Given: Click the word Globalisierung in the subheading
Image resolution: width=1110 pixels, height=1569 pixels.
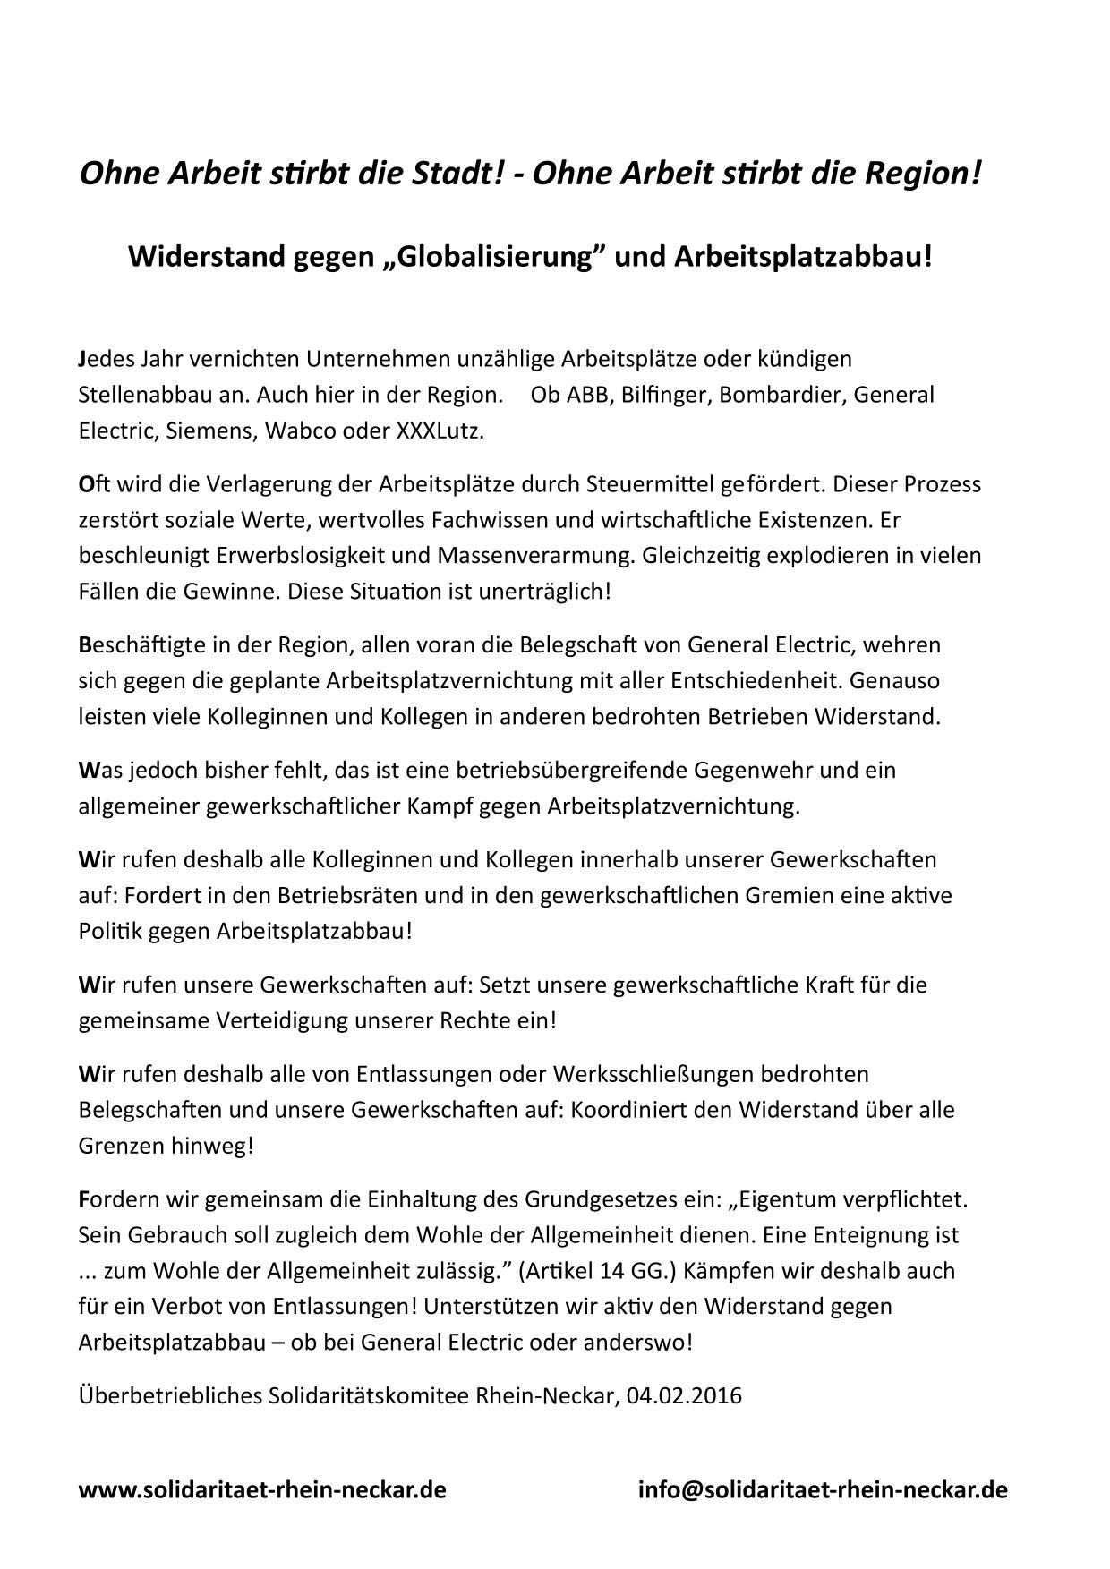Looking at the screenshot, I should click(497, 257).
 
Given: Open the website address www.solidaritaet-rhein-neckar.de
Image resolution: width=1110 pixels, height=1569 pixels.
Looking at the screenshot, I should click(262, 1489).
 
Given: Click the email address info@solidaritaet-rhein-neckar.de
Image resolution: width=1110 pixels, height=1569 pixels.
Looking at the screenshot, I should click(822, 1489).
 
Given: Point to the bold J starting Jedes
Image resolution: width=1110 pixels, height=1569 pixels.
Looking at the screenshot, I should click(82, 358).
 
